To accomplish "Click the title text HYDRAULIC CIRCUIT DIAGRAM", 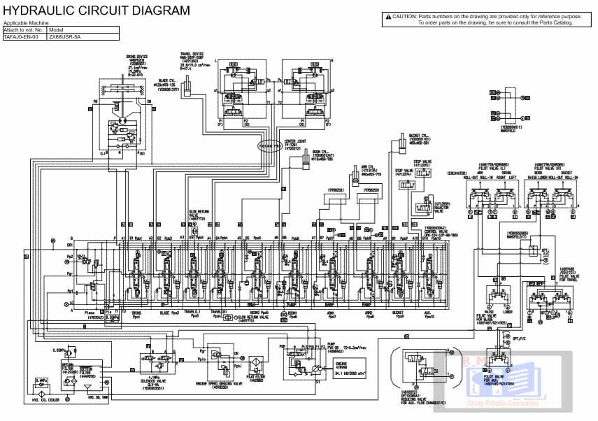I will [97, 10].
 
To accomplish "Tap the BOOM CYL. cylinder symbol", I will [305, 162].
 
